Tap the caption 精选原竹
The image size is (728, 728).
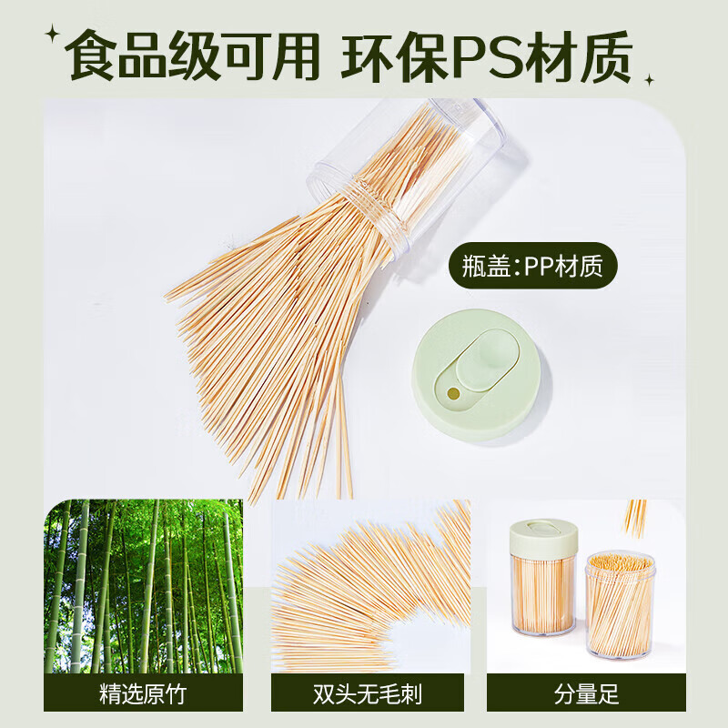coord(143,694)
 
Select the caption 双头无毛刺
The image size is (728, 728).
coord(370,694)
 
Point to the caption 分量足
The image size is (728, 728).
coord(586,694)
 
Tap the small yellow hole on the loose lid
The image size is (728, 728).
coord(452,393)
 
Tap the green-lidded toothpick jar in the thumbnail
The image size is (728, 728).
coord(542,578)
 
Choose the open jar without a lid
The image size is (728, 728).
coord(619,605)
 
